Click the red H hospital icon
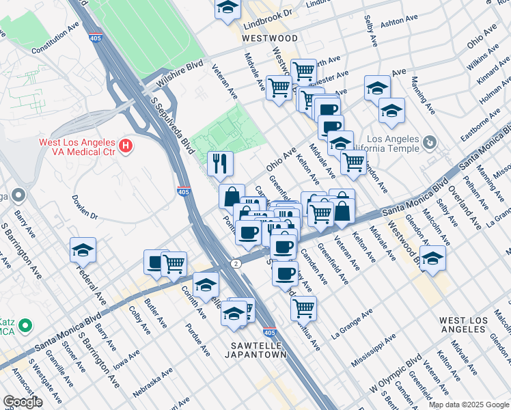point(125,145)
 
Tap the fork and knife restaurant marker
point(220,163)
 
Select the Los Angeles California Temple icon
point(429,142)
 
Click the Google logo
point(23,401)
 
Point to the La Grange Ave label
point(351,323)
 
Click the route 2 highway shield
point(236,263)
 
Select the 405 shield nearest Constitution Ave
point(95,38)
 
